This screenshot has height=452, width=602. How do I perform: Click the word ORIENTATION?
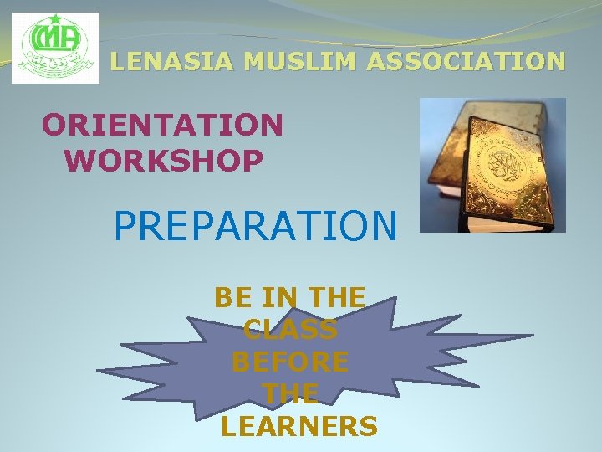pyautogui.click(x=162, y=126)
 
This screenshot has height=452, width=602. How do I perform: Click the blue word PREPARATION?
pyautogui.click(x=256, y=225)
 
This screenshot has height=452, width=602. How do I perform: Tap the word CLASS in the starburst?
pyautogui.click(x=290, y=330)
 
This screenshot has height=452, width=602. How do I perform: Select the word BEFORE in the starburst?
pyautogui.click(x=290, y=362)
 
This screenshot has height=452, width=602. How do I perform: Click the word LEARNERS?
pyautogui.click(x=299, y=427)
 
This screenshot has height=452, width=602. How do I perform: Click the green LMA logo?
pyautogui.click(x=55, y=48)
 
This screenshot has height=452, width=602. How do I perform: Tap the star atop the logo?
pyautogui.click(x=55, y=19)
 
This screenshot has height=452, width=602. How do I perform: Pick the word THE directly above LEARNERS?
pyautogui.click(x=290, y=394)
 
